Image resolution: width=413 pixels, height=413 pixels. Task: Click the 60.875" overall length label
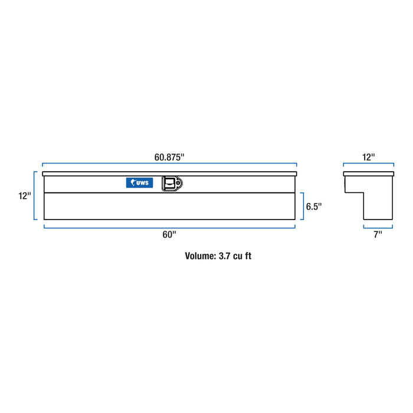(169, 157)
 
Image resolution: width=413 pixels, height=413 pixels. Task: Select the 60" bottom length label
(169, 235)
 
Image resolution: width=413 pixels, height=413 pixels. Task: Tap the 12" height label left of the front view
(24, 196)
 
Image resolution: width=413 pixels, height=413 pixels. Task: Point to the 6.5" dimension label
(314, 206)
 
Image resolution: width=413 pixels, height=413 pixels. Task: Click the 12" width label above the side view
(369, 157)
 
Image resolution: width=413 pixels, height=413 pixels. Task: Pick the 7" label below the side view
(378, 235)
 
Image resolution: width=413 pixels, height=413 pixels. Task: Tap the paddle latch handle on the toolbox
(171, 183)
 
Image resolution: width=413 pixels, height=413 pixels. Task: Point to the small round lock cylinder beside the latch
(179, 183)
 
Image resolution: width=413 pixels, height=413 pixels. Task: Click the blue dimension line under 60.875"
(169, 165)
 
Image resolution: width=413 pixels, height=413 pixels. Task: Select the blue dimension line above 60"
(169, 227)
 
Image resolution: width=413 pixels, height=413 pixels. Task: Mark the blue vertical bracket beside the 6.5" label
(303, 206)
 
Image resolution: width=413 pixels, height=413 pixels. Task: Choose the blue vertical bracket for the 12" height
(35, 196)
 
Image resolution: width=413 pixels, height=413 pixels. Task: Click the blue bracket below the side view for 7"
(378, 227)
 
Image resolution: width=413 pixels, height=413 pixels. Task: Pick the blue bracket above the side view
(369, 165)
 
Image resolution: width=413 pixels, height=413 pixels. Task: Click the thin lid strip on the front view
(169, 173)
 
